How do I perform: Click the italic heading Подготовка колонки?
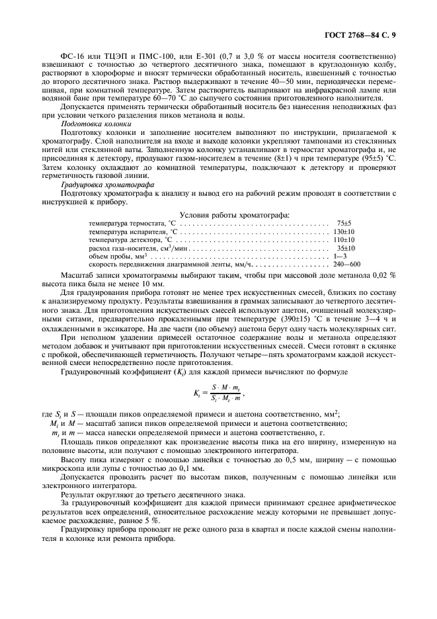(96, 124)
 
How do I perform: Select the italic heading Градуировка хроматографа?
(106, 186)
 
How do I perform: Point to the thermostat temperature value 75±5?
(343, 224)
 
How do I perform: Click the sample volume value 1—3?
(340, 256)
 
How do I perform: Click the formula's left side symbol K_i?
(197, 393)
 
